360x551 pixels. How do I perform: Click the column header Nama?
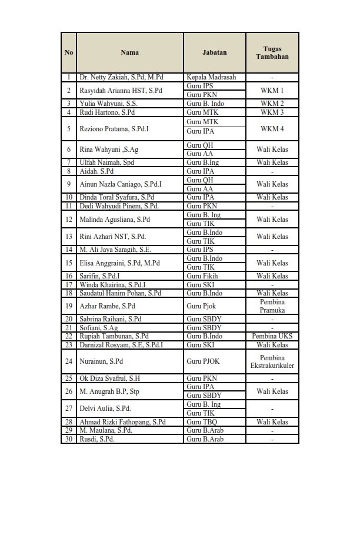tap(129, 52)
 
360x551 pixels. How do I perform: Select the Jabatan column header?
tap(214, 52)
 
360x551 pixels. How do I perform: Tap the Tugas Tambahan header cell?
tap(272, 52)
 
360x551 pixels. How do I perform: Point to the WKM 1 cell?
tap(272, 91)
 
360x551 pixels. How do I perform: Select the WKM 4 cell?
tap(272, 128)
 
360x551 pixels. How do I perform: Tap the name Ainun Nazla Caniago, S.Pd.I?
tap(121, 184)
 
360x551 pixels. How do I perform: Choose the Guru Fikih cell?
tap(202, 276)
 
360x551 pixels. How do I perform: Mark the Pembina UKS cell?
tap(272, 336)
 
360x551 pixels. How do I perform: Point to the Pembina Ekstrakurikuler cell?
tap(272, 361)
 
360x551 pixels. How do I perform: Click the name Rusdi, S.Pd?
tap(97, 439)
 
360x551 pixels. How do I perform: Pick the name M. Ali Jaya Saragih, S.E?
tap(115, 250)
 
